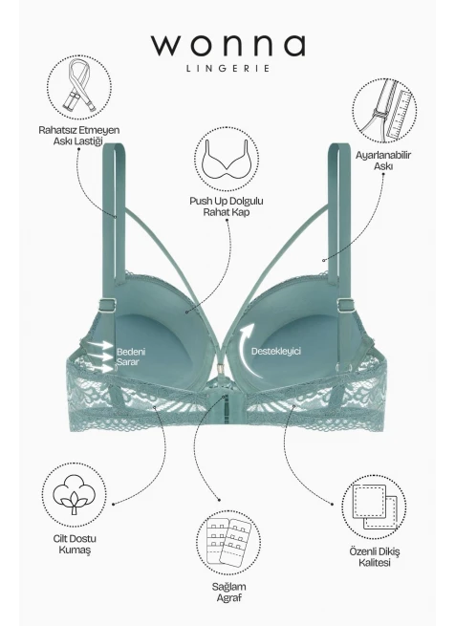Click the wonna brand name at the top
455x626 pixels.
[x=227, y=45]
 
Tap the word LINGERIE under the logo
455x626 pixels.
[x=227, y=68]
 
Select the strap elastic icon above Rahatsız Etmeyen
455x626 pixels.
[x=79, y=87]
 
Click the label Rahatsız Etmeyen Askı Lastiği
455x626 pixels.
[x=78, y=136]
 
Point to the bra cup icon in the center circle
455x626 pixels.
[x=227, y=160]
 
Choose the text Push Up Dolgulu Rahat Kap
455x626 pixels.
[x=227, y=206]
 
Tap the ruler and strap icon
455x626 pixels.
[x=384, y=111]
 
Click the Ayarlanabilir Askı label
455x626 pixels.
[x=382, y=161]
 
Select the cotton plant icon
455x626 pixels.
[x=75, y=494]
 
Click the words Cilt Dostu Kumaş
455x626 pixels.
[x=75, y=544]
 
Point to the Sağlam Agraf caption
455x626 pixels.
[x=228, y=593]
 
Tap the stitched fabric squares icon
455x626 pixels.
[x=375, y=507]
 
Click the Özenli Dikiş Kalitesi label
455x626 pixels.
[x=375, y=557]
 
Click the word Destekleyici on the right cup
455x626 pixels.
[x=275, y=352]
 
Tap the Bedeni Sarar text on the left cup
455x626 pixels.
[x=131, y=356]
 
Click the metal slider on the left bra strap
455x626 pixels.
[x=108, y=306]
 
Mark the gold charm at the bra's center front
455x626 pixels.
[x=220, y=369]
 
